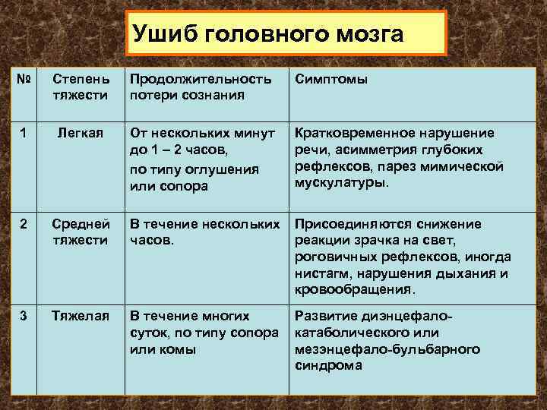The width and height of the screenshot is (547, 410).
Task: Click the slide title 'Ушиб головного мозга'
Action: [267, 34]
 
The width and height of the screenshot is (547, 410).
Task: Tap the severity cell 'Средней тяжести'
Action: [81, 232]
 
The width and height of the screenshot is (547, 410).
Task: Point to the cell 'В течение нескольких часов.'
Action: [204, 232]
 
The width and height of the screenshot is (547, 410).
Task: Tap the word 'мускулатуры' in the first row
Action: [339, 183]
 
